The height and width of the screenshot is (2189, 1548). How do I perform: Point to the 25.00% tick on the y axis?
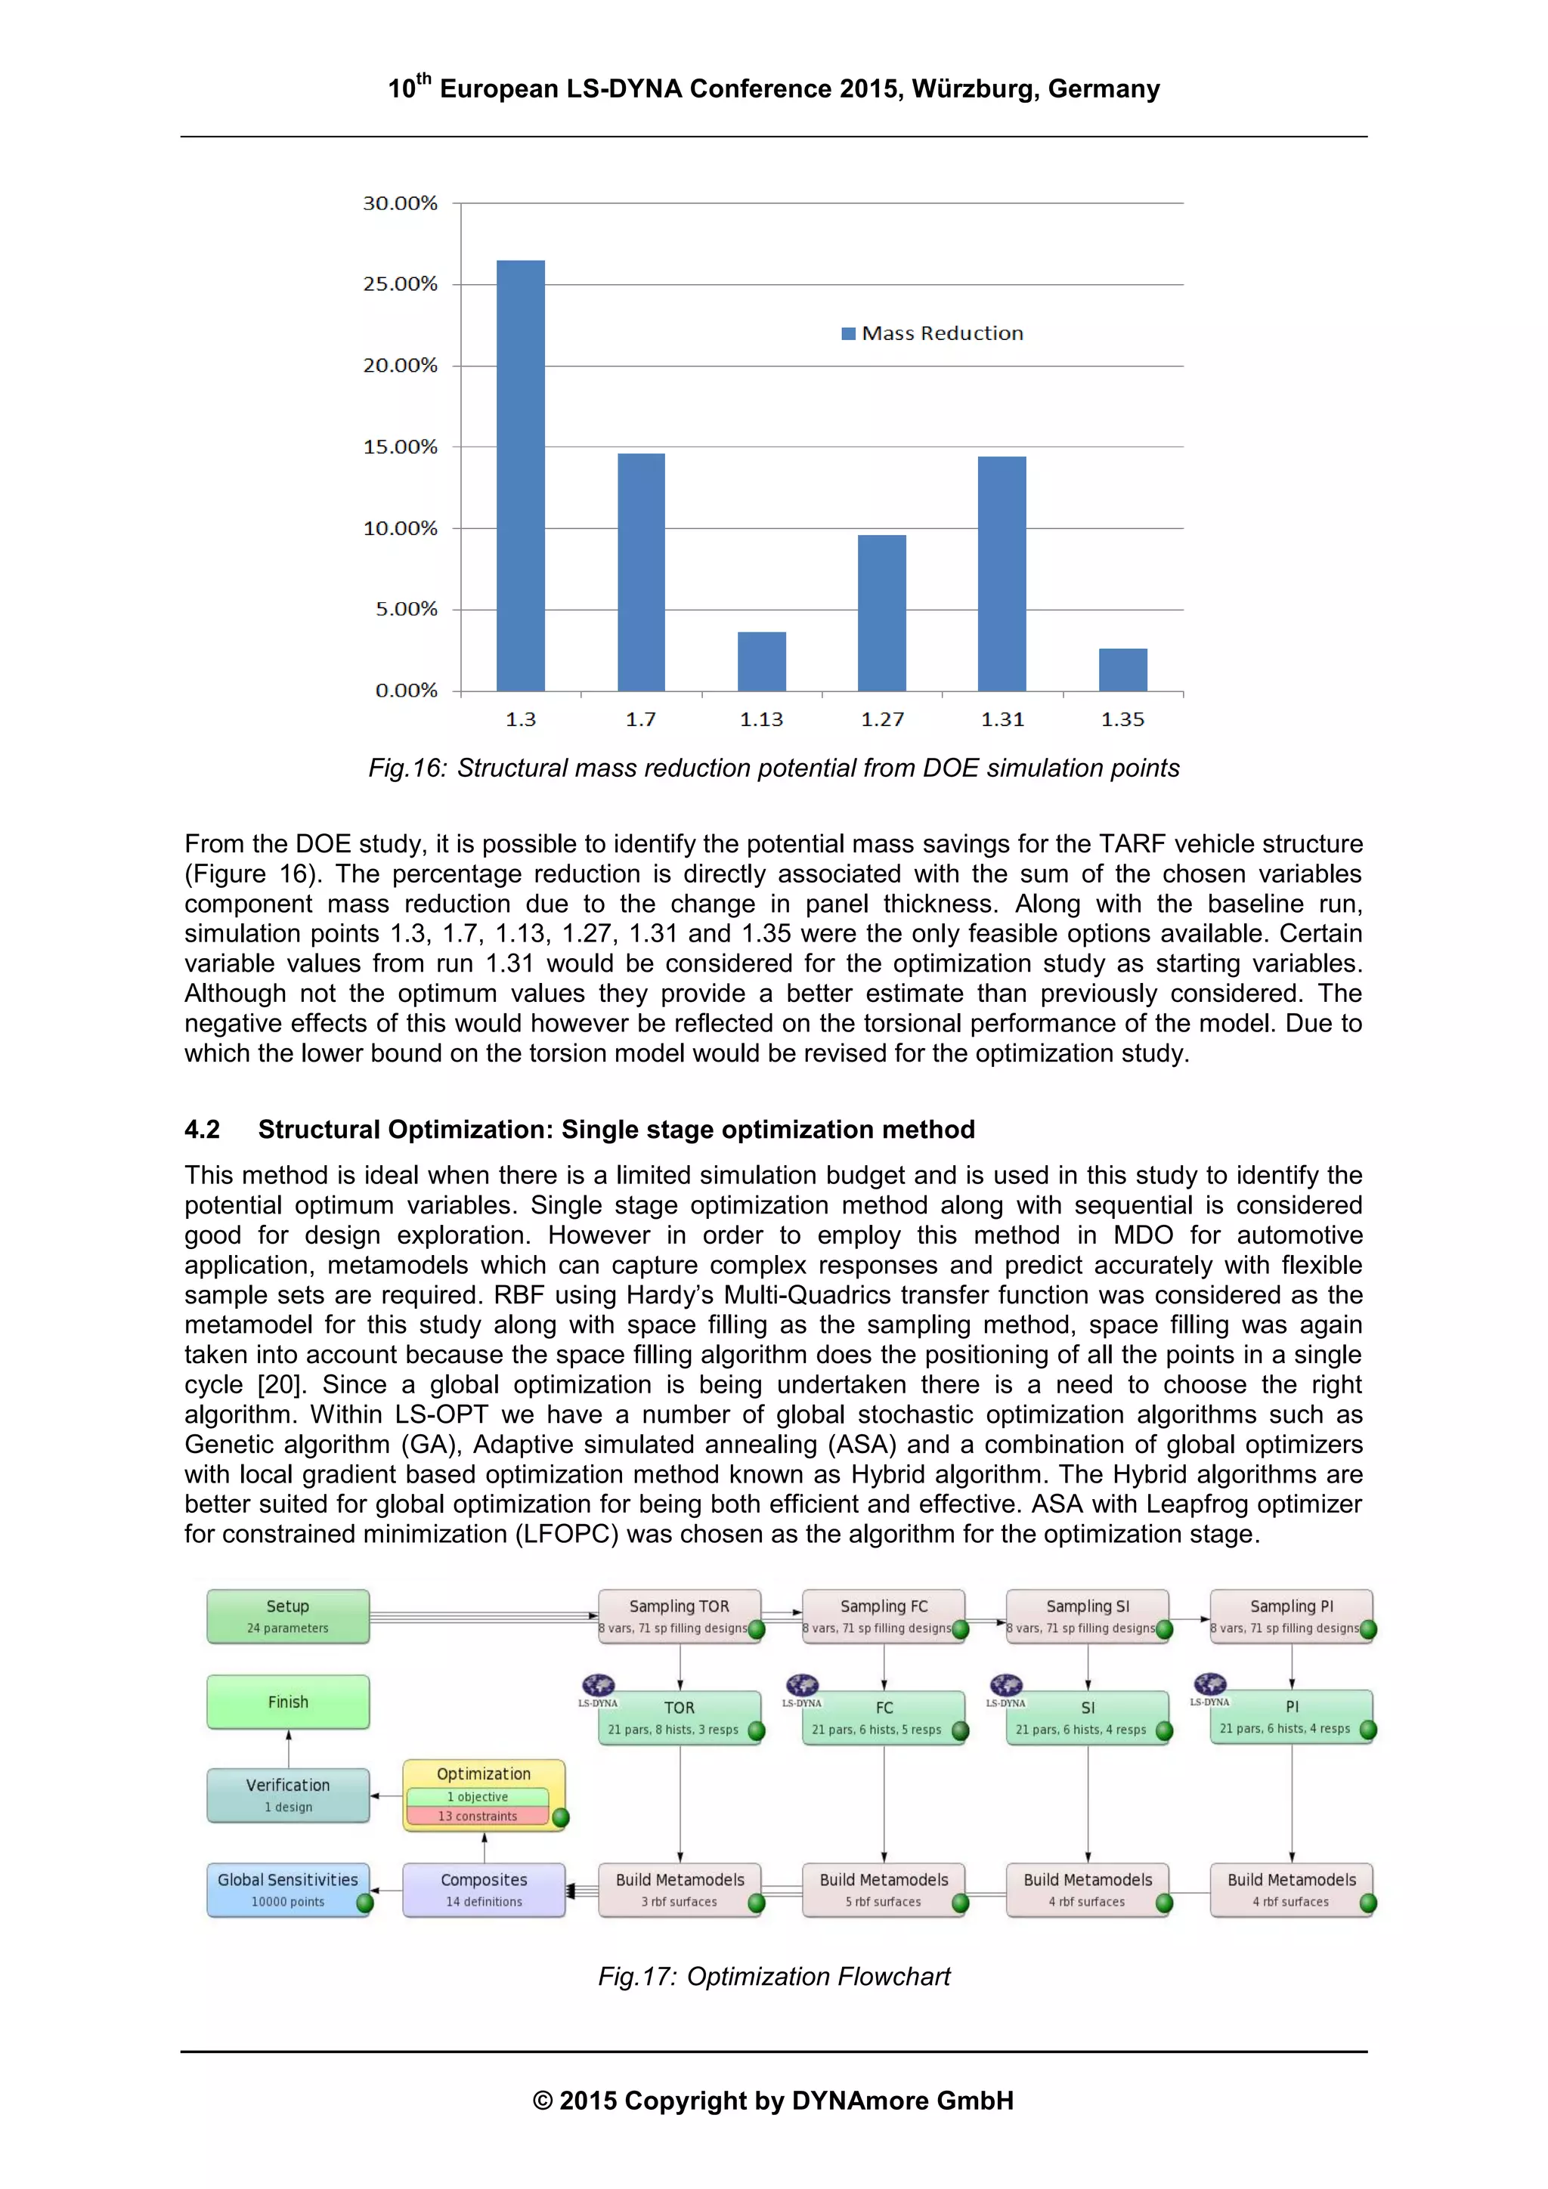[400, 284]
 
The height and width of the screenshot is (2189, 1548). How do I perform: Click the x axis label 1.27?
[881, 720]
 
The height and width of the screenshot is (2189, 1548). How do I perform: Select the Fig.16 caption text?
[773, 768]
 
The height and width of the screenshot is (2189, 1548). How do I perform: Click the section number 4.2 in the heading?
[203, 1130]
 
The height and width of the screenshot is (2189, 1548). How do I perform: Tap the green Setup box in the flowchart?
[288, 1616]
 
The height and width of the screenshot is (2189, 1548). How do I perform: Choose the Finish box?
[288, 1702]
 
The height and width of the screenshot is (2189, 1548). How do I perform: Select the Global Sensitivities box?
[288, 1890]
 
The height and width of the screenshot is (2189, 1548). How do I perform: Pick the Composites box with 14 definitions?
[484, 1890]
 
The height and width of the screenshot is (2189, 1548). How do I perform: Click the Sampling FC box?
[883, 1616]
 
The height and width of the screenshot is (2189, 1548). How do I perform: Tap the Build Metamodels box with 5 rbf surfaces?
[883, 1890]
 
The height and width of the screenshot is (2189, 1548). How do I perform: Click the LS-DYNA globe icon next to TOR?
[598, 1686]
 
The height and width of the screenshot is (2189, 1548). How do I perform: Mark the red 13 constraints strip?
[478, 1816]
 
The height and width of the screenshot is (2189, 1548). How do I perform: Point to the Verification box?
[288, 1795]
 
